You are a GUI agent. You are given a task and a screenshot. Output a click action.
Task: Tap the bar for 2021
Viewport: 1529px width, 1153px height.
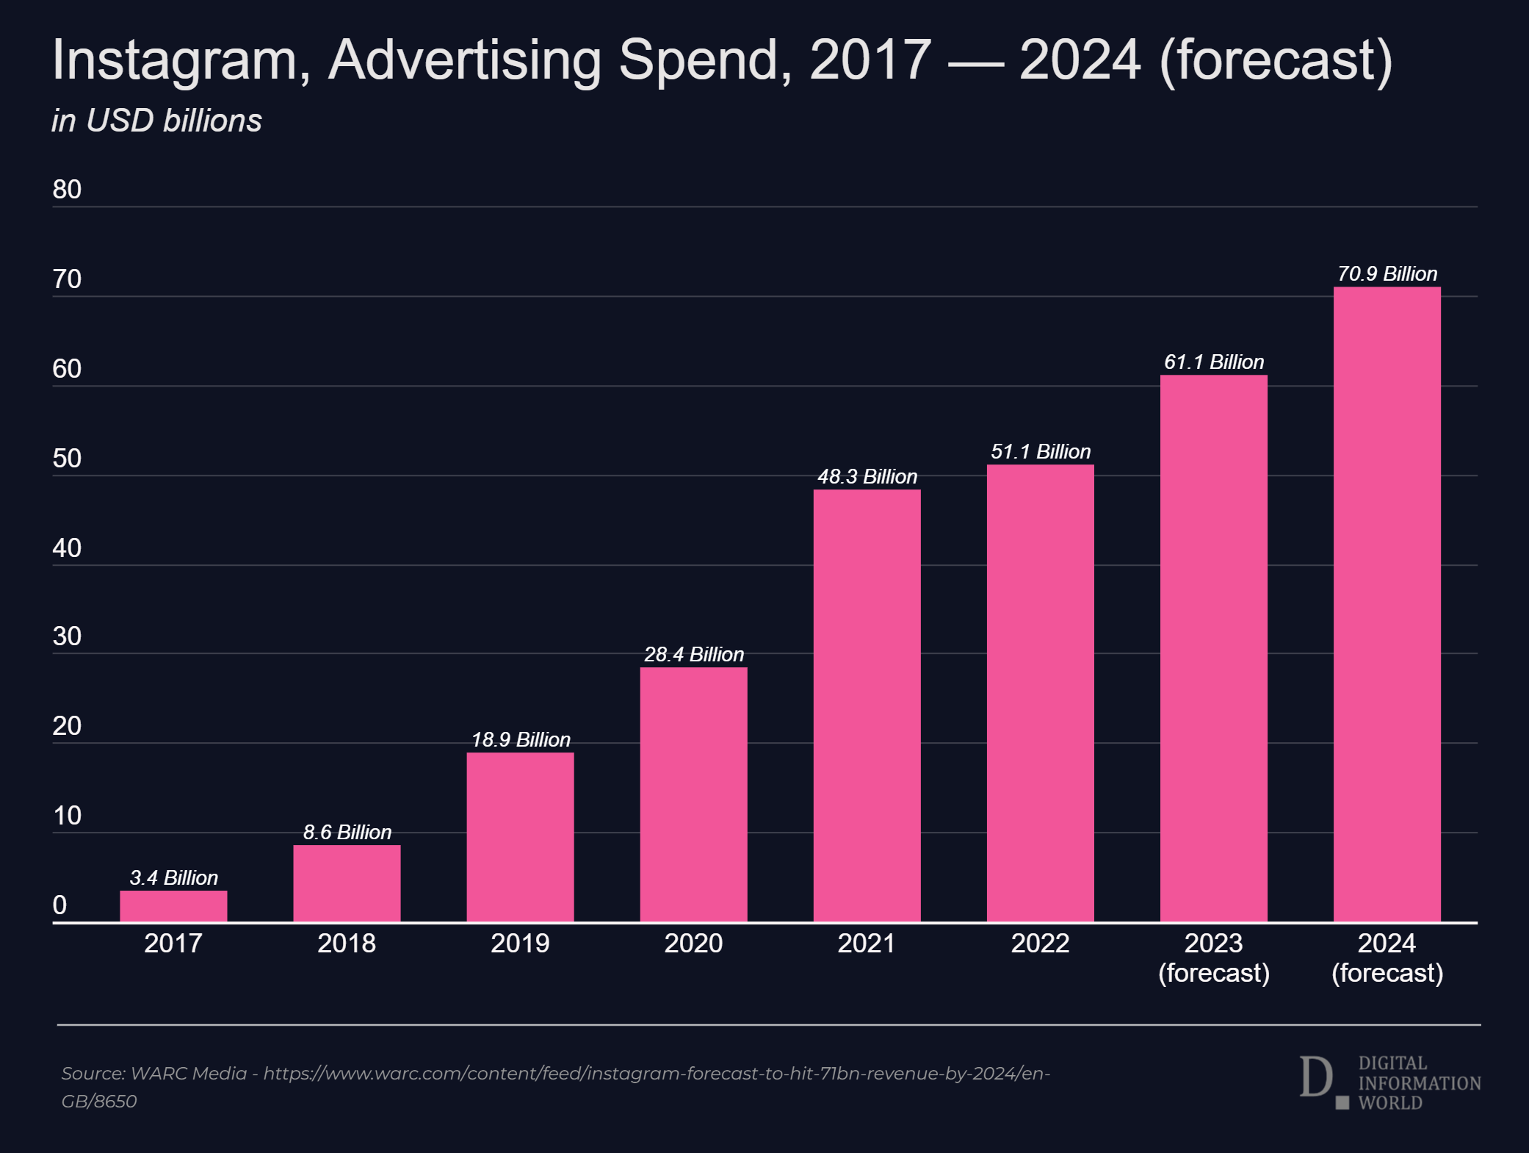(867, 705)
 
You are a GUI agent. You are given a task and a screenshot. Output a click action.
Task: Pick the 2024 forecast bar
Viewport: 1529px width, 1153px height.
(1387, 604)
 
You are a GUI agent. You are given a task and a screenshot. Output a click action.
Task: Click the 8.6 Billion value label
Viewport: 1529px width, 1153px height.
(347, 832)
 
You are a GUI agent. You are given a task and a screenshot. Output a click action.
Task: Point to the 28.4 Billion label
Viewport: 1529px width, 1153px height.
(694, 654)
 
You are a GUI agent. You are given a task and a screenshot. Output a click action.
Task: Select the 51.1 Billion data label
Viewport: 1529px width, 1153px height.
(1041, 451)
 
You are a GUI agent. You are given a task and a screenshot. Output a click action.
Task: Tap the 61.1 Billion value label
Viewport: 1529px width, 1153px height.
(1214, 362)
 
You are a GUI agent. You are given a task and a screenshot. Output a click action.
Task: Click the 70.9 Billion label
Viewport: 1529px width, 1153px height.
(1387, 273)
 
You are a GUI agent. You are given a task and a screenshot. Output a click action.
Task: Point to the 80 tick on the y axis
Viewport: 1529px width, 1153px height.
(67, 190)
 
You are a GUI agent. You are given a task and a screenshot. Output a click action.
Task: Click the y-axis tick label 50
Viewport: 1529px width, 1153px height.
(67, 459)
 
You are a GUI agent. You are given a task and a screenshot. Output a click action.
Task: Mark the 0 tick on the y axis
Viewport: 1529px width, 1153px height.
(59, 905)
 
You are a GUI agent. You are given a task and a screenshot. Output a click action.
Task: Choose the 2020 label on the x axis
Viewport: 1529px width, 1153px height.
(693, 943)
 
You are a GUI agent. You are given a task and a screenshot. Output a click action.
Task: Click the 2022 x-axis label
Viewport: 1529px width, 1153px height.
(1040, 943)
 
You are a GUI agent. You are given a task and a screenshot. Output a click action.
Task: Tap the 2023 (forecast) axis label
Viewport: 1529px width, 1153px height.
(1213, 958)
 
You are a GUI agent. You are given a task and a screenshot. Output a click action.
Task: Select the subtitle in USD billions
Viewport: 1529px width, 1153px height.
(156, 121)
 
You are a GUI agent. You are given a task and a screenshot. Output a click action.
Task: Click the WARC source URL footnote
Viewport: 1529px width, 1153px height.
(555, 1086)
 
